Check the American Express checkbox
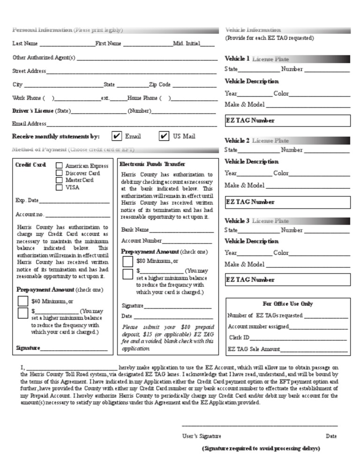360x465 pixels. pos(59,165)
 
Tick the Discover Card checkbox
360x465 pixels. pos(59,173)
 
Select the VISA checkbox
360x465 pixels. pos(59,187)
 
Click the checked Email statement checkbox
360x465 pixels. pos(117,136)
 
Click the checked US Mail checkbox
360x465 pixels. pos(164,136)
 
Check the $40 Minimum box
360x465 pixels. pos(23,301)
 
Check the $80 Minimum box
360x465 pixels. pos(127,261)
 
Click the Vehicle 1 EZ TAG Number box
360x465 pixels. pos(288,121)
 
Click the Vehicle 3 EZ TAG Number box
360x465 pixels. pos(288,280)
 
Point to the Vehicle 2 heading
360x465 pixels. pos(237,140)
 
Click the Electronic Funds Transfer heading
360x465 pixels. pos(152,164)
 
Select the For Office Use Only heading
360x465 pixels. pos(288,304)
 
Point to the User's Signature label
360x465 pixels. pos(202,436)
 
